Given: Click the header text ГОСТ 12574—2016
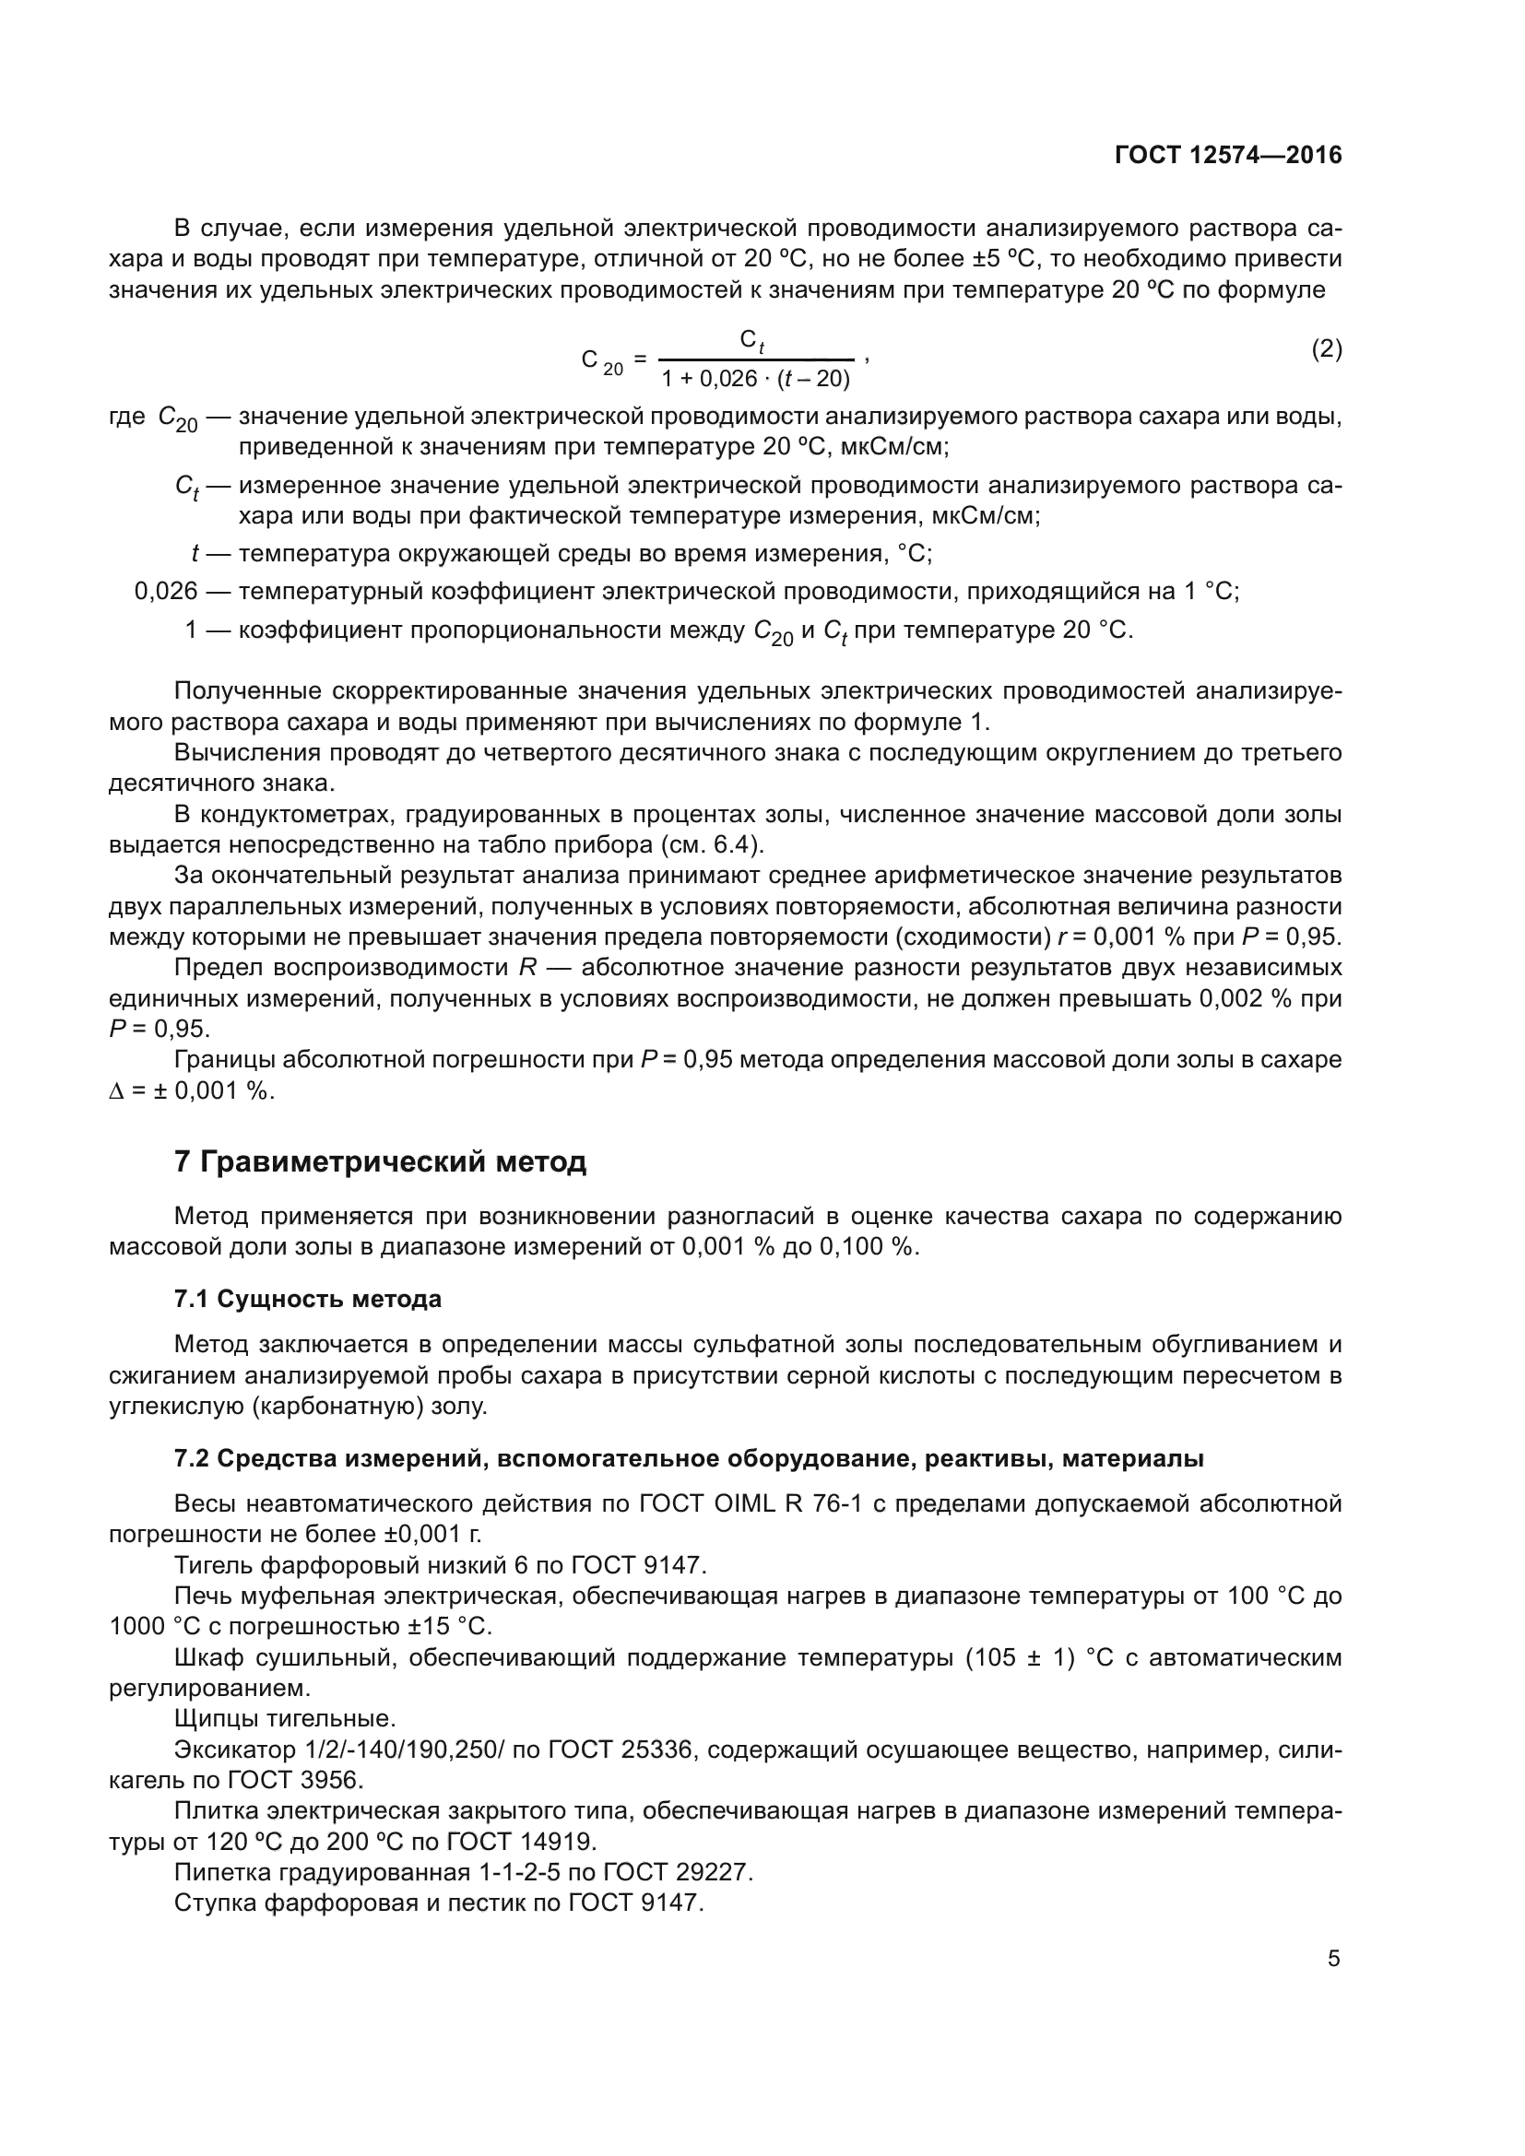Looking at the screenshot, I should (x=1227, y=155).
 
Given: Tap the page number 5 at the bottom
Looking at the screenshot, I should (x=1333, y=1959).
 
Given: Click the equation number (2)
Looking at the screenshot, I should (x=1326, y=349).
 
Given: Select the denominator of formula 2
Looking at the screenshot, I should (x=755, y=380).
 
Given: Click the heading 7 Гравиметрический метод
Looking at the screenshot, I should (x=380, y=1161).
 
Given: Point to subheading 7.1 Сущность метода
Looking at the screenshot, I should (x=308, y=1300).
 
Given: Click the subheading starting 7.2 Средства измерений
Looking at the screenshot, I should (x=689, y=1458).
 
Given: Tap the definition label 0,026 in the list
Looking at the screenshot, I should (x=166, y=592).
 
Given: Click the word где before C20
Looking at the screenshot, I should (x=126, y=417).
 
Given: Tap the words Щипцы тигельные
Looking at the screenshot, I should (x=285, y=1718).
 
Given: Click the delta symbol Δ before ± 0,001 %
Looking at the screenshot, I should (x=116, y=1091).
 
